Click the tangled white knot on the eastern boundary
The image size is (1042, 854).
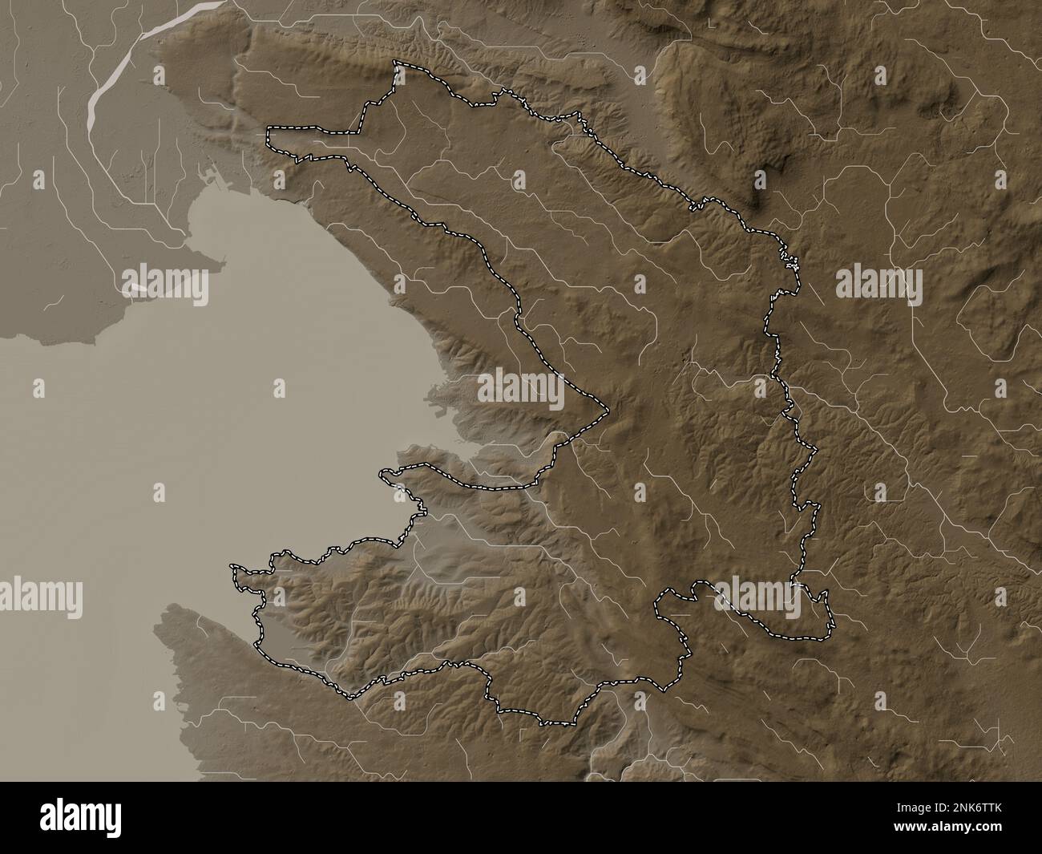(791, 261)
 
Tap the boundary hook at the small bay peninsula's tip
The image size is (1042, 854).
(385, 476)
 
